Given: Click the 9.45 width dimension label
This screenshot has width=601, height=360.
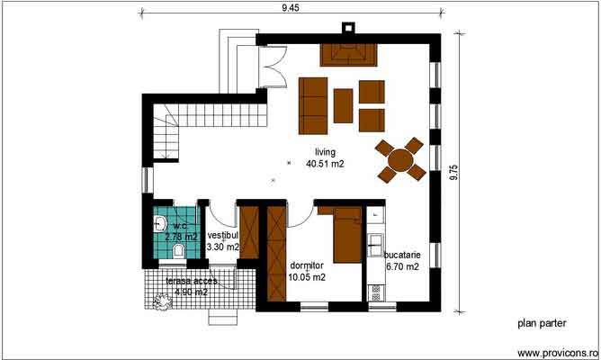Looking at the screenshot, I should tap(290, 8).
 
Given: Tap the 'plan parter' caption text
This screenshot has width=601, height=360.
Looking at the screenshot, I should tap(540, 322).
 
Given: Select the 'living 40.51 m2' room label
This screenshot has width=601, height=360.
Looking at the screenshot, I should tap(325, 157).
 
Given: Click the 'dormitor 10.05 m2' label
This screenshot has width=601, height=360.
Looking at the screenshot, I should tap(307, 271).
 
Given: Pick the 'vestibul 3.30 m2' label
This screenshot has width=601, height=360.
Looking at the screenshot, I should tap(222, 240).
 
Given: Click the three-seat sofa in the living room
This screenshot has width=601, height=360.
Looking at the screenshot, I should tap(313, 104).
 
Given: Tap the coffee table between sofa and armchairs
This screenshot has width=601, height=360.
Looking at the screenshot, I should tap(343, 105).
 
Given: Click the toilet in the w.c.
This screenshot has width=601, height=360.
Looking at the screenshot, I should tap(178, 249).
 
